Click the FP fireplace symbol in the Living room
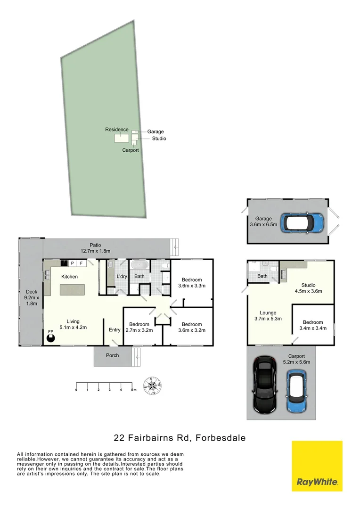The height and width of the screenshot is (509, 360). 50,337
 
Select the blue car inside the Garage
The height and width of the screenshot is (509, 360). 303,222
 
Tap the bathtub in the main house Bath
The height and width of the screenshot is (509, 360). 139,266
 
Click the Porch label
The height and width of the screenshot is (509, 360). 112,355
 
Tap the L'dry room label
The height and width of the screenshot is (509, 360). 122,276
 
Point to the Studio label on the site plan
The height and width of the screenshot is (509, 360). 159,139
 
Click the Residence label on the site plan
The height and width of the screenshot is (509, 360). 116,130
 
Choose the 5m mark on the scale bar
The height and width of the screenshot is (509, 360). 133,390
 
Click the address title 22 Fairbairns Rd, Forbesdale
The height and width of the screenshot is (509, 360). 180,438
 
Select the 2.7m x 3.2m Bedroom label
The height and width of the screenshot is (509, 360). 139,328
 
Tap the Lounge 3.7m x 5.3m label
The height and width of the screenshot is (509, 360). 268,316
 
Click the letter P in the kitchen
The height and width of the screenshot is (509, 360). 73,263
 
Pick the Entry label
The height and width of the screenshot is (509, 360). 115,330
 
